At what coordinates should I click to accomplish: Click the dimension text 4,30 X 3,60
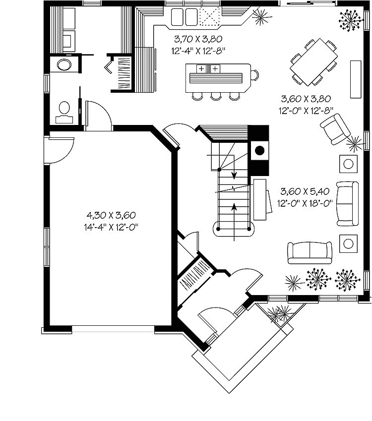[x=111, y=215]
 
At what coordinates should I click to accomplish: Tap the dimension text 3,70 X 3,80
[x=197, y=38]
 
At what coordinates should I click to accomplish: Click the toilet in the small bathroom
[x=64, y=111]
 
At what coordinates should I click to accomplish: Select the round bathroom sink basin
[x=64, y=64]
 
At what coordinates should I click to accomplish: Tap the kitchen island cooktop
[x=208, y=68]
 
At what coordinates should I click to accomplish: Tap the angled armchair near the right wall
[x=335, y=129]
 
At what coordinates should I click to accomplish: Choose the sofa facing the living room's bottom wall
[x=310, y=252]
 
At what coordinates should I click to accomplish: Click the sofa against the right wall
[x=347, y=202]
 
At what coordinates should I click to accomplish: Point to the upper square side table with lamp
[x=348, y=163]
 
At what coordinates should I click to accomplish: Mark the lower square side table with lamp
[x=348, y=242]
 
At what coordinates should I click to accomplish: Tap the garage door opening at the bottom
[x=113, y=328]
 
